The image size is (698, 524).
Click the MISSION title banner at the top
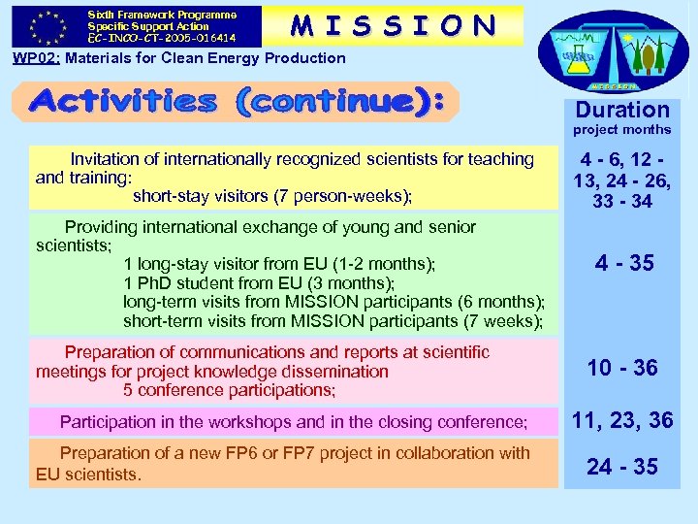[394, 26]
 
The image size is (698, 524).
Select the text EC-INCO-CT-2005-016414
[161, 39]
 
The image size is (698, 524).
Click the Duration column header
[622, 110]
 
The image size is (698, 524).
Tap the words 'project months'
[621, 130]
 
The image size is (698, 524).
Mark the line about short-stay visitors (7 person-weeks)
[271, 196]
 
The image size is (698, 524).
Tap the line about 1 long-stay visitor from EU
[279, 264]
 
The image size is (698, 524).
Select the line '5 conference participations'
[229, 390]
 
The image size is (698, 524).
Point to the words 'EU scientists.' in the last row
[88, 475]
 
